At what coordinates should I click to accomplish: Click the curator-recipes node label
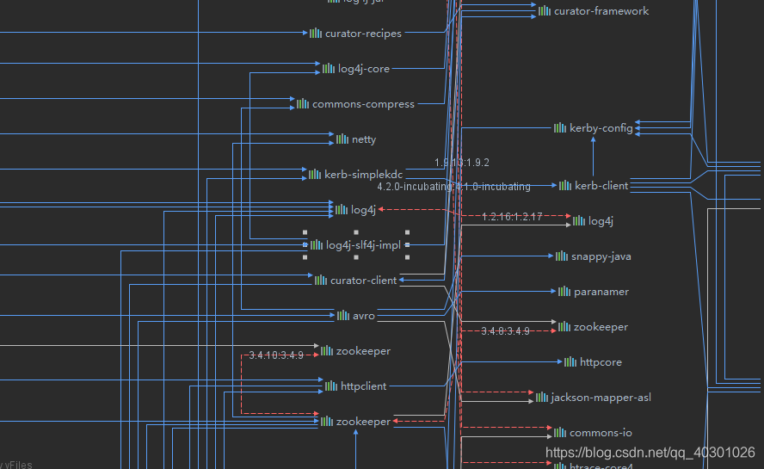(362, 34)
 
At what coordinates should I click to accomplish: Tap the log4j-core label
(363, 68)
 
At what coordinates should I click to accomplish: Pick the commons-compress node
(362, 104)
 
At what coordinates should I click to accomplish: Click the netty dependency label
(363, 139)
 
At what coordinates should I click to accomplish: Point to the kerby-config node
(601, 128)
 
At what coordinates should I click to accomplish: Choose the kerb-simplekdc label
(363, 175)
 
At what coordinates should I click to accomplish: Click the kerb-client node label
(601, 186)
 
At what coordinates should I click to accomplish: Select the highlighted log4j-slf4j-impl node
(363, 245)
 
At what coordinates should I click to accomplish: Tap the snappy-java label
(601, 256)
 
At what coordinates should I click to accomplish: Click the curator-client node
(363, 281)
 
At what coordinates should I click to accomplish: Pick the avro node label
(363, 316)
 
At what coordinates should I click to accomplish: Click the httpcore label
(601, 362)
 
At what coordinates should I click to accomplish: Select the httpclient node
(363, 386)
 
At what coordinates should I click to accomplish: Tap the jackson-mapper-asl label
(600, 398)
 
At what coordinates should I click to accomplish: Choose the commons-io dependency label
(600, 433)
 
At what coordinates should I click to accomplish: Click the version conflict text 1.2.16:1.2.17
(512, 217)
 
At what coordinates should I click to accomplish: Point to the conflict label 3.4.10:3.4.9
(276, 355)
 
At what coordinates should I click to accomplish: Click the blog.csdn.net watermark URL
(650, 453)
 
